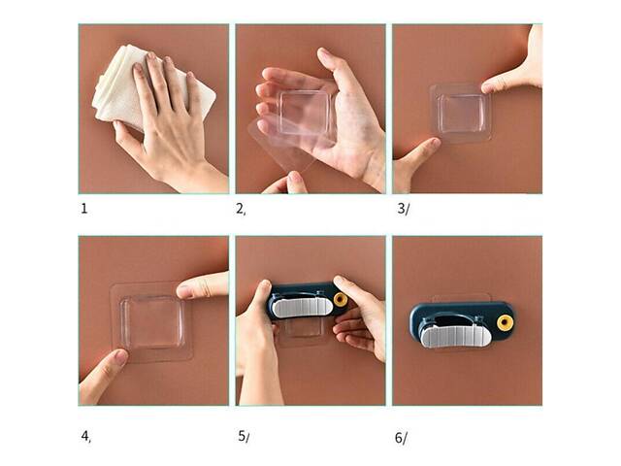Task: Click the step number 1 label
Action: click(84, 209)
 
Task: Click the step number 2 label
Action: click(241, 209)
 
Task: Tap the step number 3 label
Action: click(403, 209)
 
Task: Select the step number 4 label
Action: click(86, 436)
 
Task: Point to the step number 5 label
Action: click(244, 436)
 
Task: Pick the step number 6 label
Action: click(401, 438)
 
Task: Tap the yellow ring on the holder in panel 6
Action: click(505, 323)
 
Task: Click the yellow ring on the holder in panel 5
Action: click(341, 300)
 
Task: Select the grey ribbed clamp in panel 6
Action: click(455, 335)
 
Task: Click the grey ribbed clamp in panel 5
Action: click(302, 308)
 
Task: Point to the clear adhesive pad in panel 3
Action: click(461, 113)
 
